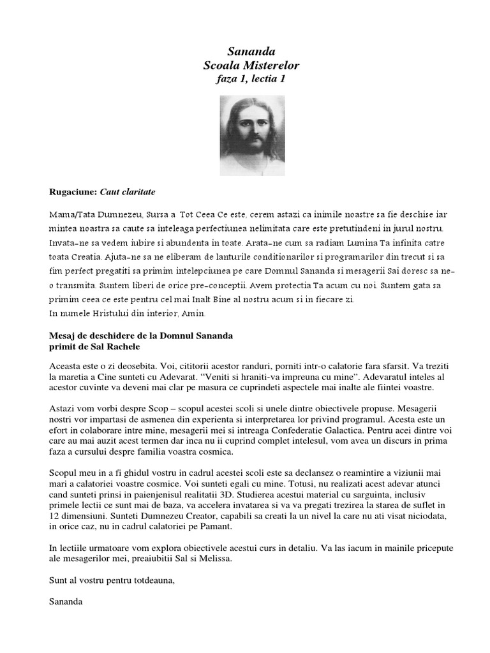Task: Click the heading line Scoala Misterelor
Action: coord(250,65)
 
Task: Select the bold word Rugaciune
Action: coord(72,191)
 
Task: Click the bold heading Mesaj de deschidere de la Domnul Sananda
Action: coord(141,335)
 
